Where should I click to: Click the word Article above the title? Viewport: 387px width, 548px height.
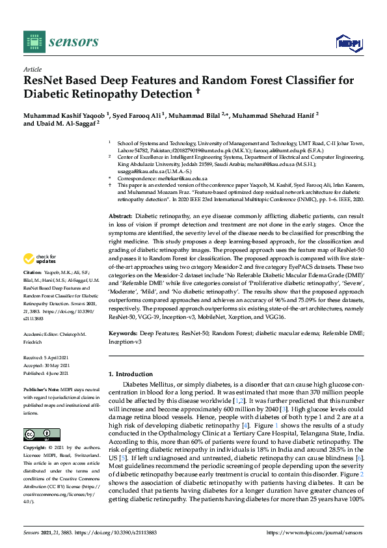(32, 69)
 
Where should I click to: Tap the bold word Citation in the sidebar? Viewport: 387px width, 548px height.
(32, 271)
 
